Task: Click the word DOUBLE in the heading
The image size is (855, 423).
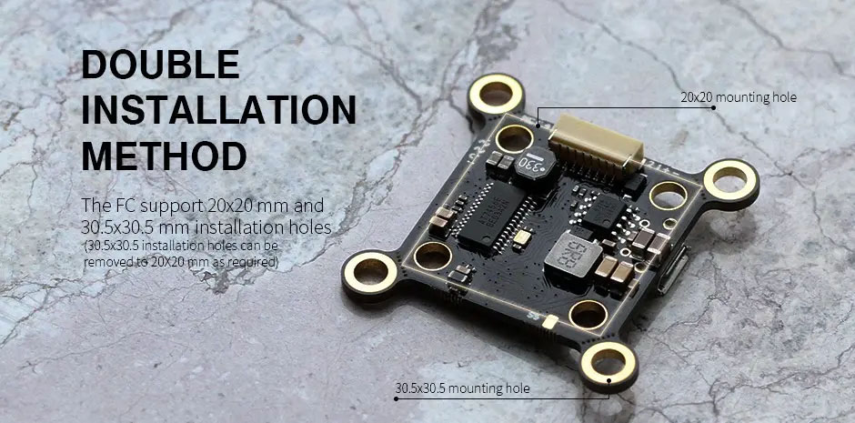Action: pyautogui.click(x=161, y=65)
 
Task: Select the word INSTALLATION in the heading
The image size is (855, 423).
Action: pyautogui.click(x=218, y=109)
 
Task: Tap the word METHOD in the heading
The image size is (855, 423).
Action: pyautogui.click(x=164, y=156)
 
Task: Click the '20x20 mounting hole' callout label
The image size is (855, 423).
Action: pyautogui.click(x=739, y=97)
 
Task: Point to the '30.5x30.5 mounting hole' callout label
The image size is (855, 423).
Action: pyautogui.click(x=462, y=388)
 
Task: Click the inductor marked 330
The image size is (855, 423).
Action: pyautogui.click(x=535, y=166)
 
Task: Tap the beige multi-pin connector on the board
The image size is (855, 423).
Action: pyautogui.click(x=597, y=146)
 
